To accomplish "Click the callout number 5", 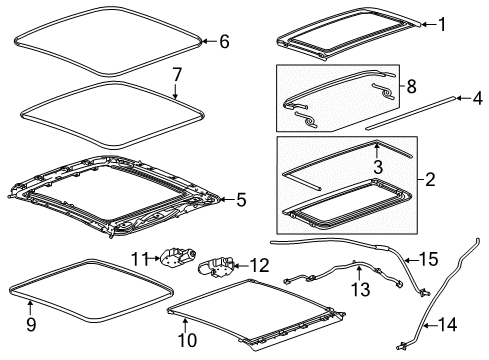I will click(x=240, y=200).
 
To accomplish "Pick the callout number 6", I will click(x=224, y=41).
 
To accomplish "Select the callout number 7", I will click(x=176, y=74).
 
